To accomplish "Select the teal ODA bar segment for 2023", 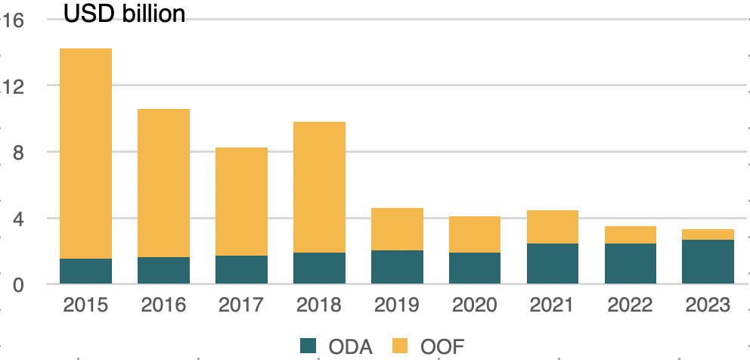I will pyautogui.click(x=708, y=262).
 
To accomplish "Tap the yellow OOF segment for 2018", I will pyautogui.click(x=319, y=187).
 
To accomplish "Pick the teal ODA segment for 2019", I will pyautogui.click(x=397, y=267).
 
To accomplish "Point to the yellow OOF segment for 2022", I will pyautogui.click(x=631, y=234).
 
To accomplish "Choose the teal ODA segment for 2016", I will pyautogui.click(x=163, y=271).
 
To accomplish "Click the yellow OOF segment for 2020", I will pyautogui.click(x=475, y=234).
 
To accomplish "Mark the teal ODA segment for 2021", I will pyautogui.click(x=553, y=264).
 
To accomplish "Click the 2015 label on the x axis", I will pyautogui.click(x=85, y=306).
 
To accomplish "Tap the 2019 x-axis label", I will pyautogui.click(x=397, y=306).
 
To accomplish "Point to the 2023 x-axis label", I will pyautogui.click(x=708, y=306).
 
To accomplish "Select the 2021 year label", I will pyautogui.click(x=553, y=306).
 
